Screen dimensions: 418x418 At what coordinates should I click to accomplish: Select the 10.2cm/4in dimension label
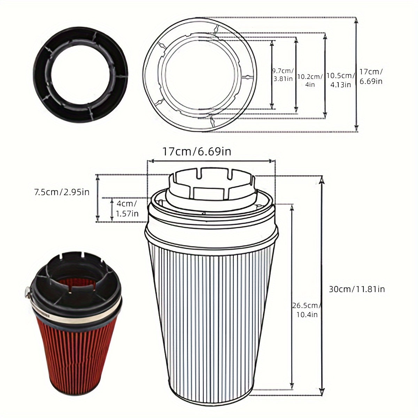310,80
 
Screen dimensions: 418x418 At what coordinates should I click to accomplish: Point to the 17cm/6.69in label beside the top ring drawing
371,76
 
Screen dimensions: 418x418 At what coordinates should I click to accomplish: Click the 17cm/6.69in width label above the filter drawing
196,152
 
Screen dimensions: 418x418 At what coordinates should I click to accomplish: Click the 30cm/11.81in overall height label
357,289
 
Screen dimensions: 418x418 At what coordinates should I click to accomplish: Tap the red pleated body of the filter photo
77,352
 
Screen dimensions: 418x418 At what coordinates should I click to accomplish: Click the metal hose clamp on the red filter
77,312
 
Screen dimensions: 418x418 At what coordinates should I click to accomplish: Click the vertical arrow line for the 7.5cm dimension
98,198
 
